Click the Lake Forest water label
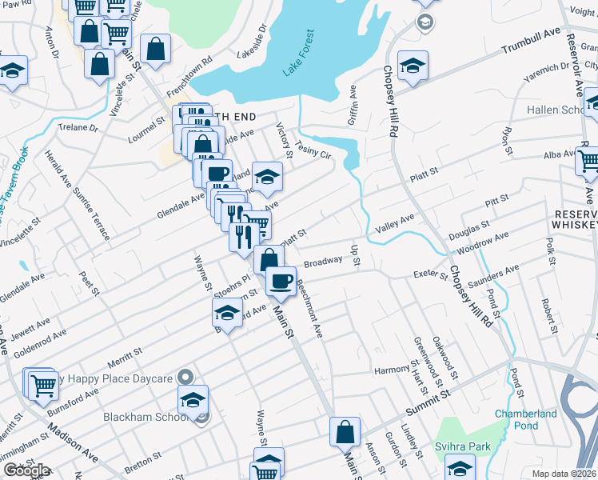(x=300, y=54)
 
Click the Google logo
(x=26, y=470)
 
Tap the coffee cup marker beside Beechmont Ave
(x=281, y=281)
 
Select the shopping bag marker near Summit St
(x=345, y=432)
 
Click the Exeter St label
(x=430, y=275)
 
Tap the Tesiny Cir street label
(x=313, y=149)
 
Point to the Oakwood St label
(x=445, y=357)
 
